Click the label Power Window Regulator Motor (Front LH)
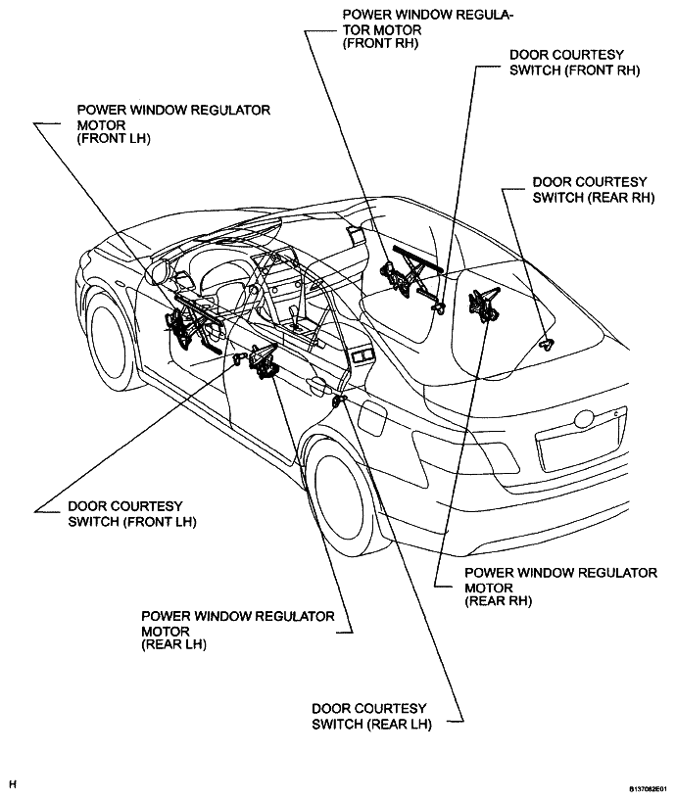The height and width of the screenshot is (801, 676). (173, 124)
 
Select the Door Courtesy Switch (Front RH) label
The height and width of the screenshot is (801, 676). (574, 63)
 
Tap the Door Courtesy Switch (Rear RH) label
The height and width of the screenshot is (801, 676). (594, 190)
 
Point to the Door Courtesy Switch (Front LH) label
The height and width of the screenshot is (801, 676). (132, 514)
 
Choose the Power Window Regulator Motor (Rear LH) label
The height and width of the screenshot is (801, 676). (238, 631)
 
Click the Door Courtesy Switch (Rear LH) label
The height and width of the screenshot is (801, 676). (371, 716)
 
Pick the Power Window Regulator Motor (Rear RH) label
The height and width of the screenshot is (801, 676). (560, 587)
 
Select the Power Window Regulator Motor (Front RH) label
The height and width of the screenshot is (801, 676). (428, 29)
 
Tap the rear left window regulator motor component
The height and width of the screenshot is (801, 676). (263, 360)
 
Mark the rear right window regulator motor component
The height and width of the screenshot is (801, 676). (483, 305)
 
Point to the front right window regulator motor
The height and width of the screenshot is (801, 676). (409, 276)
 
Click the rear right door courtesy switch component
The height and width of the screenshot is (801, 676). (548, 345)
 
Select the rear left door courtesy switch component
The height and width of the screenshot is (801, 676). (339, 400)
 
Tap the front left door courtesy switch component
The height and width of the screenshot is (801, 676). (237, 358)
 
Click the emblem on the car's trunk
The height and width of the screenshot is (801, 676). (584, 419)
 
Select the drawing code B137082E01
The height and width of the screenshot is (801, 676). (648, 789)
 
